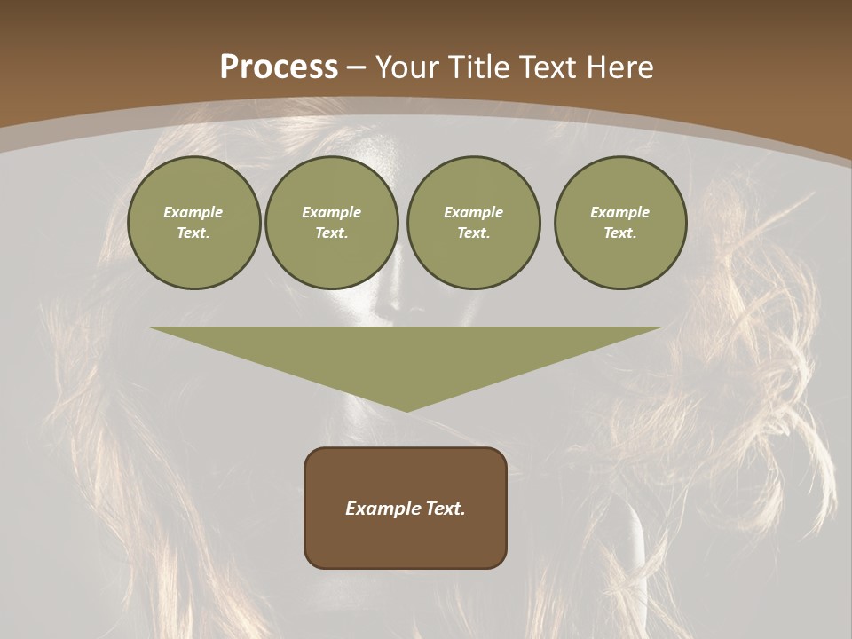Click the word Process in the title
click(279, 67)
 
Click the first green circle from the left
click(193, 223)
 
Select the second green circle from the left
click(332, 223)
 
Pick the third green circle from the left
click(474, 223)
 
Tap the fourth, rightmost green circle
click(620, 223)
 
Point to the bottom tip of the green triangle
click(406, 411)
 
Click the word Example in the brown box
click(383, 509)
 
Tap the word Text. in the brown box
click(446, 509)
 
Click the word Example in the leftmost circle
click(193, 213)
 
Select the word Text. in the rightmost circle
click(620, 233)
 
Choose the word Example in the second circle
click(332, 213)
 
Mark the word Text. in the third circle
click(474, 233)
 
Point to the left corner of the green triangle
click(149, 327)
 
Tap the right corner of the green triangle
click(661, 327)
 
